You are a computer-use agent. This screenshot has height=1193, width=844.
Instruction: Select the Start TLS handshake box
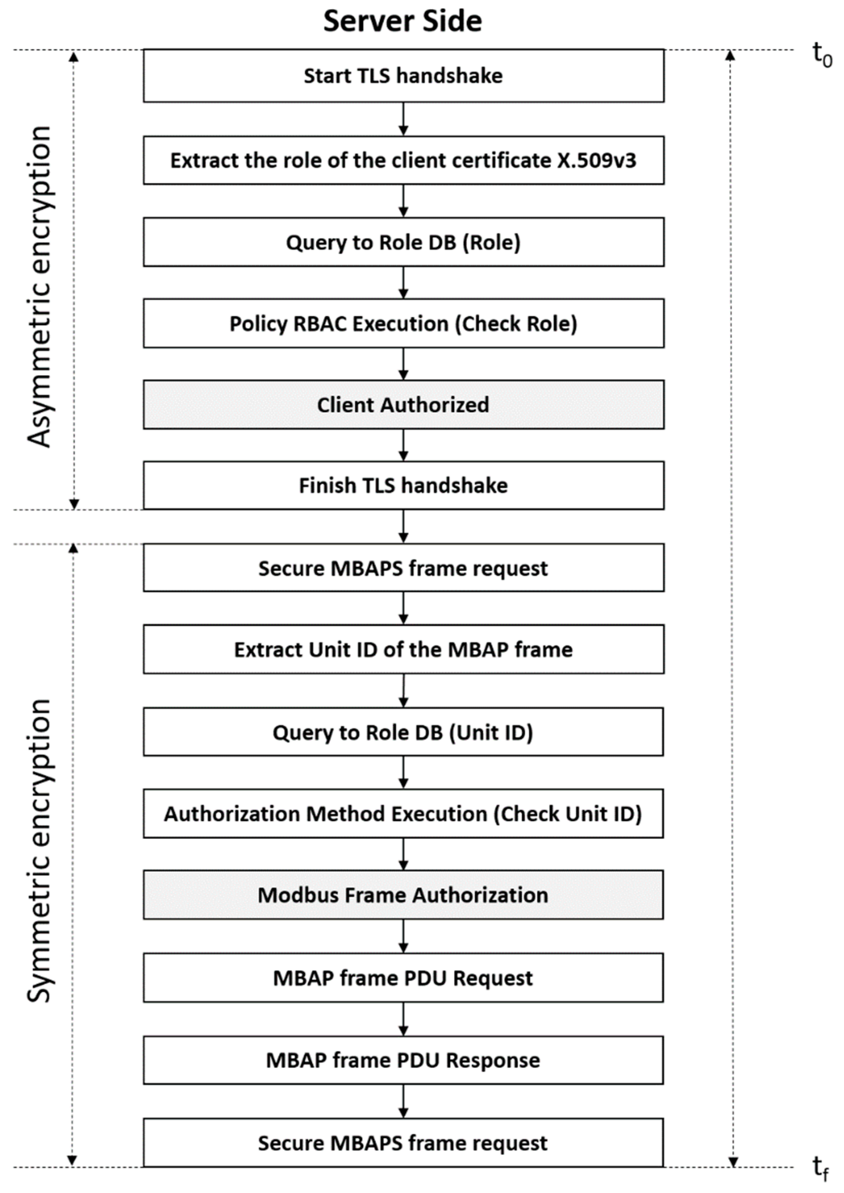pyautogui.click(x=403, y=76)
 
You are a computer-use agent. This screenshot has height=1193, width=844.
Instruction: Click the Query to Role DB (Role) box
pyautogui.click(x=403, y=242)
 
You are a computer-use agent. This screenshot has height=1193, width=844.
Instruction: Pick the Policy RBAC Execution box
pyautogui.click(x=403, y=323)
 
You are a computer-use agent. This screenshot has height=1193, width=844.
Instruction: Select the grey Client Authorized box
pyautogui.click(x=403, y=405)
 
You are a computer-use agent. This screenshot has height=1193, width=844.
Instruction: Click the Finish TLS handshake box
pyautogui.click(x=403, y=485)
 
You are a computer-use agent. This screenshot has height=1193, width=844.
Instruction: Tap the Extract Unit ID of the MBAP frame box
pyautogui.click(x=403, y=649)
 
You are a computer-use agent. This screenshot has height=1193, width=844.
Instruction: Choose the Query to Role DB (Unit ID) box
pyautogui.click(x=403, y=732)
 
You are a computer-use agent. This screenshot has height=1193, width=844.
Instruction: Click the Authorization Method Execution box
pyautogui.click(x=403, y=814)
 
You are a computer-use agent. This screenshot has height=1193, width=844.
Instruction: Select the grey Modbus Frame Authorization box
pyautogui.click(x=403, y=895)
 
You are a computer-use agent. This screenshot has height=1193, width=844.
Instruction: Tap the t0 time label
pyautogui.click(x=821, y=55)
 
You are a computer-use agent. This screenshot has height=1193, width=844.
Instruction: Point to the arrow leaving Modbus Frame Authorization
pyautogui.click(x=403, y=936)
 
